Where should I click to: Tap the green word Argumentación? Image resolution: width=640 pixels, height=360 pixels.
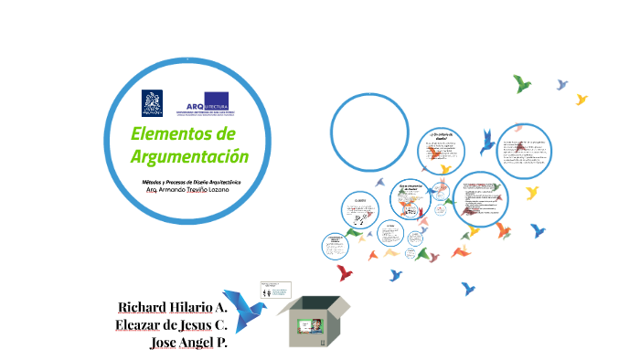coord(189,156)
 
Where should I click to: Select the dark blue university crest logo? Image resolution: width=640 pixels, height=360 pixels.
coord(152,103)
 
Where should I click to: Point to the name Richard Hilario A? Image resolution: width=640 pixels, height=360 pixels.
coord(171,306)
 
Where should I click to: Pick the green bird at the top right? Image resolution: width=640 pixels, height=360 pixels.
coord(523,84)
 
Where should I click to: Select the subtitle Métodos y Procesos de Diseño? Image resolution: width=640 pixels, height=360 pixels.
coord(184,181)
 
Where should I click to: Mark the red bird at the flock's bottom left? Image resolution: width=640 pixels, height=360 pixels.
coord(345,272)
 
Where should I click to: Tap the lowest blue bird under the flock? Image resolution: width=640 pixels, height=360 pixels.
coord(468,289)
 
